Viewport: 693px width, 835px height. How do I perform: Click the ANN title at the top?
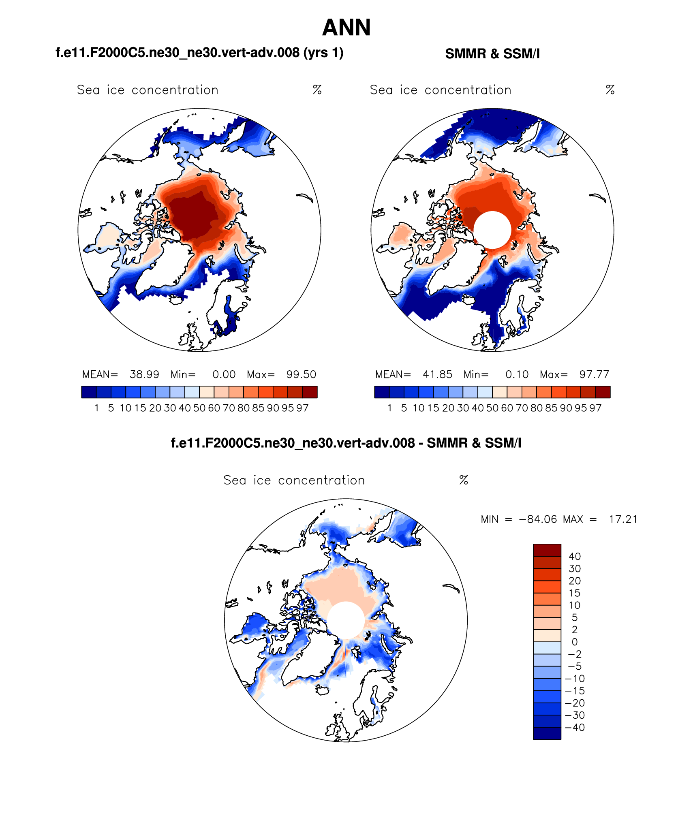pos(346,28)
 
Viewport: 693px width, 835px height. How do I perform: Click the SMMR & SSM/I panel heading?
pos(492,54)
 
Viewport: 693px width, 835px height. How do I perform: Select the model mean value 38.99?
pos(144,374)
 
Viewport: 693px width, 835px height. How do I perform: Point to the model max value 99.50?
pos(301,374)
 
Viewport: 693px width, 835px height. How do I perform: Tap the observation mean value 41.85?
pos(437,374)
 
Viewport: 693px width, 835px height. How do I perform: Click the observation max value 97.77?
pos(594,374)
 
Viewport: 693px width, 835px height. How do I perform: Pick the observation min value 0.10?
pos(517,374)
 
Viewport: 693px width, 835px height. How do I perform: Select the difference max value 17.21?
pos(623,519)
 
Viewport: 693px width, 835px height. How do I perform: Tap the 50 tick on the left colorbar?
pos(199,408)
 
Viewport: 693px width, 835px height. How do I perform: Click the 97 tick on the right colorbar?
pos(595,408)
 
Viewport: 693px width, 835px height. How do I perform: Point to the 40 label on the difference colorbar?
pos(575,556)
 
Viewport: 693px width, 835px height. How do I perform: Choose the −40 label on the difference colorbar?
pos(575,727)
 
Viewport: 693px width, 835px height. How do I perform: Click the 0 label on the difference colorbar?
pos(575,642)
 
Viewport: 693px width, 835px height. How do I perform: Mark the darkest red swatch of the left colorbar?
pos(310,392)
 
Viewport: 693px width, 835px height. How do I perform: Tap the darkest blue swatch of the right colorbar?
pos(382,392)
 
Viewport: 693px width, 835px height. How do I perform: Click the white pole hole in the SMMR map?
pos(492,230)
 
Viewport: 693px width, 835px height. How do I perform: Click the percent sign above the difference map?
pos(464,480)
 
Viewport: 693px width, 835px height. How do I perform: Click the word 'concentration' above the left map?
pos(175,90)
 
